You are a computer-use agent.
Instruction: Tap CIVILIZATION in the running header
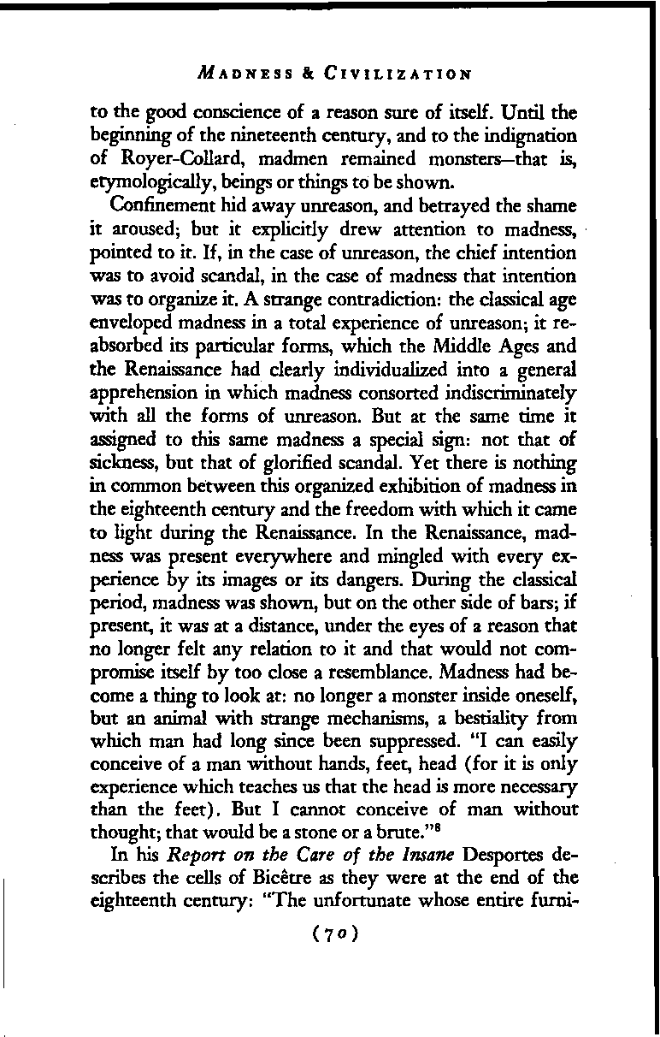398,74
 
